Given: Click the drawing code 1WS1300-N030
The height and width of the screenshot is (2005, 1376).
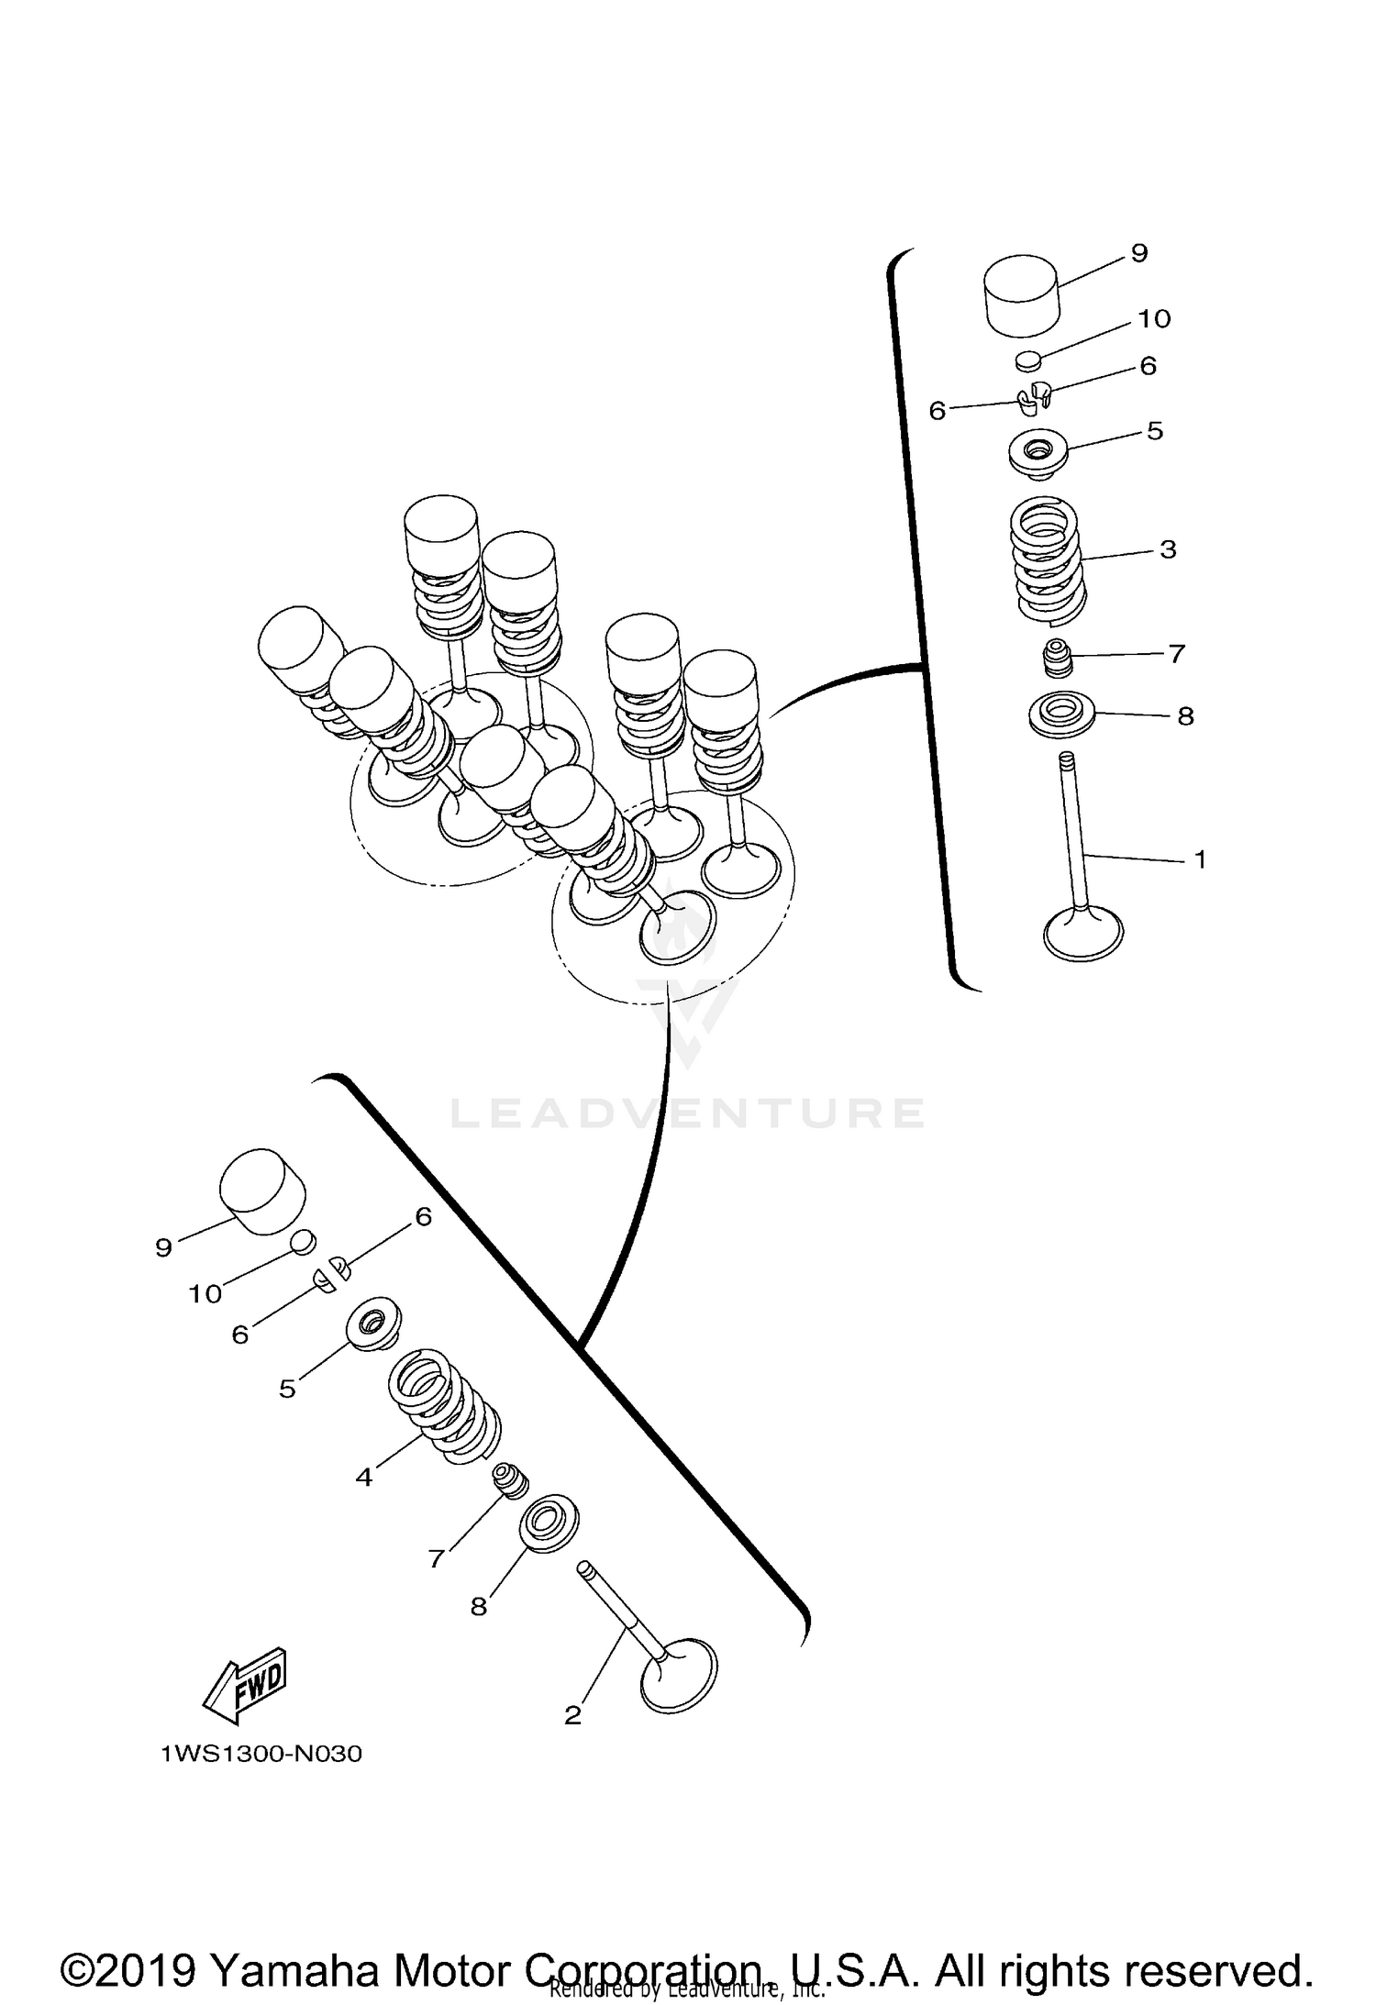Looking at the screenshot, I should click(261, 1755).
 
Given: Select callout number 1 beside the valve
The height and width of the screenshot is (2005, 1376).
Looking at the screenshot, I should click(1199, 860).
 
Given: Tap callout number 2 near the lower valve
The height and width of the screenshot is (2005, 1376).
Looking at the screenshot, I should click(572, 1715).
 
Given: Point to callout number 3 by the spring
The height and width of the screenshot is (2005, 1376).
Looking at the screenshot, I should click(1168, 550).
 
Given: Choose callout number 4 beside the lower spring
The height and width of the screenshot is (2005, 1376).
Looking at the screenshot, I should click(364, 1478).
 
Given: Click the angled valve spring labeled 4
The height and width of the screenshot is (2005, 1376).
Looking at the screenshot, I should click(445, 1406).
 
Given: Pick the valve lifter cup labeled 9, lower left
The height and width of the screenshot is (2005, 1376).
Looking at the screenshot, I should click(262, 1191).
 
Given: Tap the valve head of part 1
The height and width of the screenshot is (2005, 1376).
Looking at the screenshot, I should click(1083, 934).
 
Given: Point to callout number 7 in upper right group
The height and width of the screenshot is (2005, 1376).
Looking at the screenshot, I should click(1177, 654).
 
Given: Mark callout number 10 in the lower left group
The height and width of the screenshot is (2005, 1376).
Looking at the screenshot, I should click(205, 1294).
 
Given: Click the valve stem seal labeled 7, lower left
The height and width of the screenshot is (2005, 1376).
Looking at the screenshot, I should click(508, 1479).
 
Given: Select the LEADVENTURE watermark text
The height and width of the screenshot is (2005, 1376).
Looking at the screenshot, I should click(688, 1113).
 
